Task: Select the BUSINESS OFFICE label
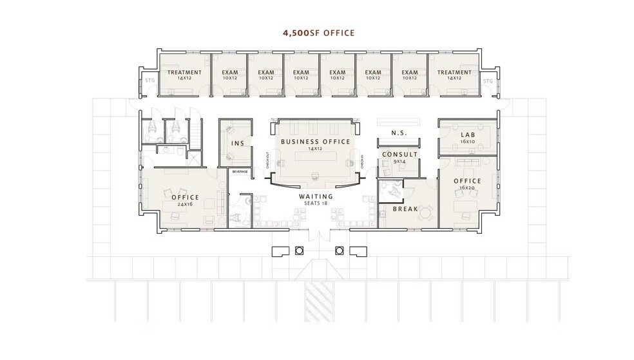[x=315, y=141]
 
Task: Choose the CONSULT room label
[x=400, y=155]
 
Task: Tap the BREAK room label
[x=405, y=209]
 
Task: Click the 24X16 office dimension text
[x=184, y=204]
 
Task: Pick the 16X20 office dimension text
[x=466, y=187]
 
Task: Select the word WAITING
[x=315, y=196]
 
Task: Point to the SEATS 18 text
[x=315, y=204]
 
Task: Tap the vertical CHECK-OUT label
[x=267, y=159]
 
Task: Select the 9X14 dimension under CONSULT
[x=400, y=162]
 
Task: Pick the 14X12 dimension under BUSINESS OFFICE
[x=315, y=148]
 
